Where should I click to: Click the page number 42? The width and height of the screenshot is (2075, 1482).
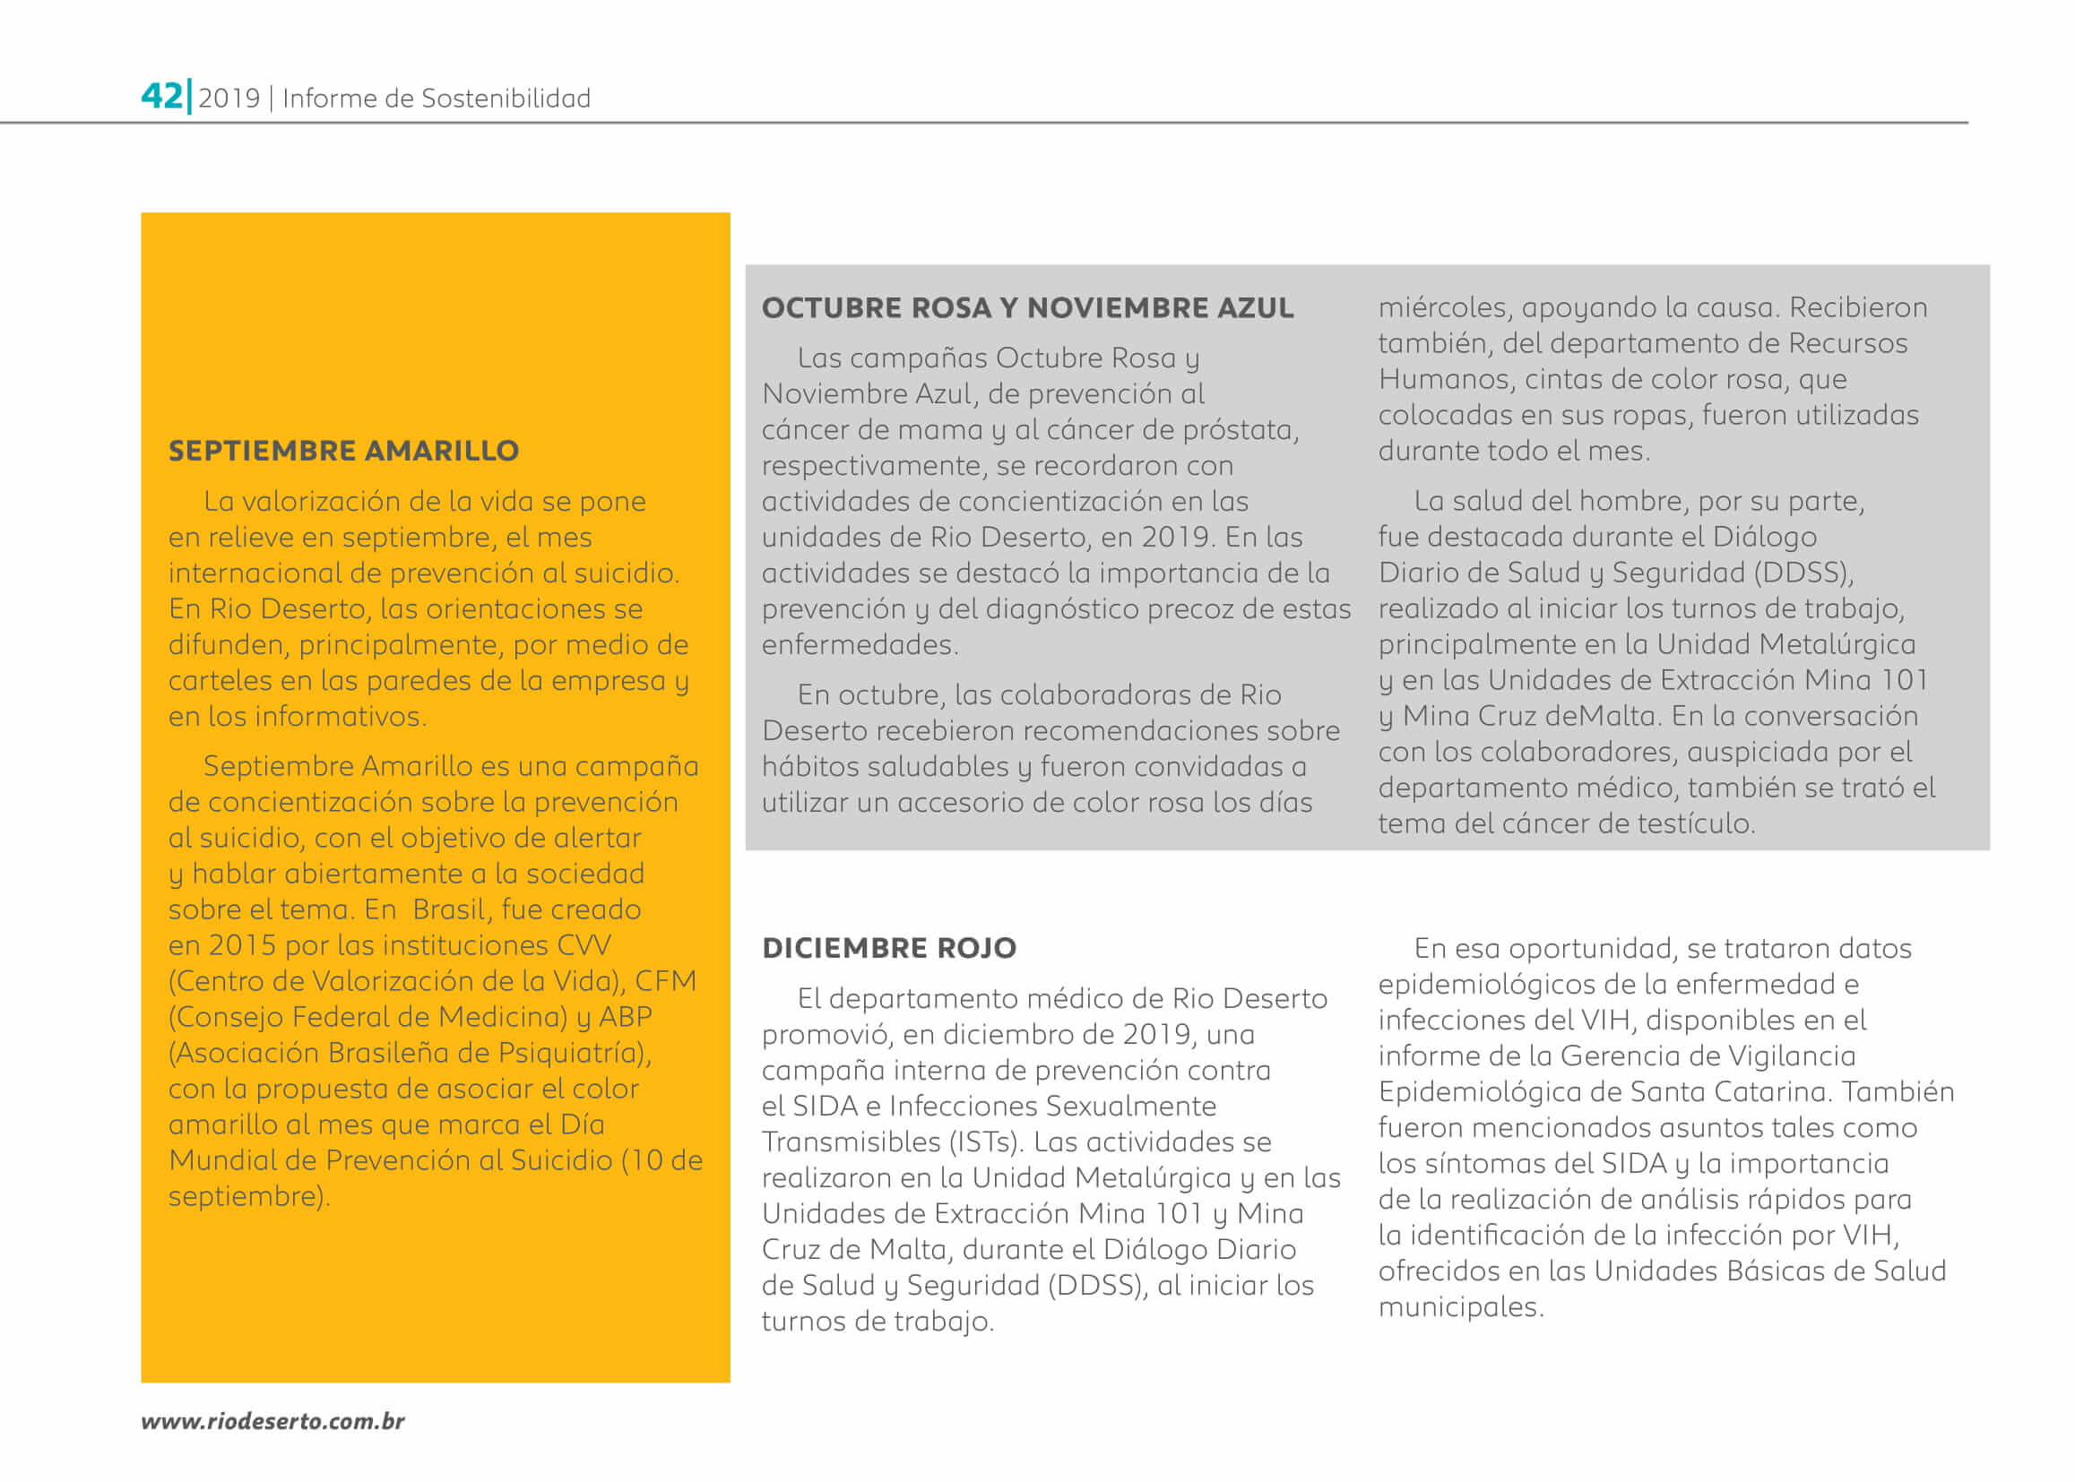tap(161, 96)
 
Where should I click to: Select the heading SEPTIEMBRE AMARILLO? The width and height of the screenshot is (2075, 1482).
tap(343, 451)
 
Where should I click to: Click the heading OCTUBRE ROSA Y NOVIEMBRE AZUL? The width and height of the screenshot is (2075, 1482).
tap(1027, 308)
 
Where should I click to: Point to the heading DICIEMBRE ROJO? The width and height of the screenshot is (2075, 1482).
tap(888, 948)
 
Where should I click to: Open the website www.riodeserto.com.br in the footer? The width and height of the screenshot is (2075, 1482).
tap(272, 1421)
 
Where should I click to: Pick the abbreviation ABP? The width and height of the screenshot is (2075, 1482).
tap(626, 1017)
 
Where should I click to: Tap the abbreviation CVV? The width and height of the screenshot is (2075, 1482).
tap(584, 945)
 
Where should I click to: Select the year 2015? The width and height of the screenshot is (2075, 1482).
tap(242, 945)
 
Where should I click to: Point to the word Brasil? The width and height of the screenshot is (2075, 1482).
tap(452, 909)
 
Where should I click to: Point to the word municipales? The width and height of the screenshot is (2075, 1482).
tap(1460, 1307)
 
